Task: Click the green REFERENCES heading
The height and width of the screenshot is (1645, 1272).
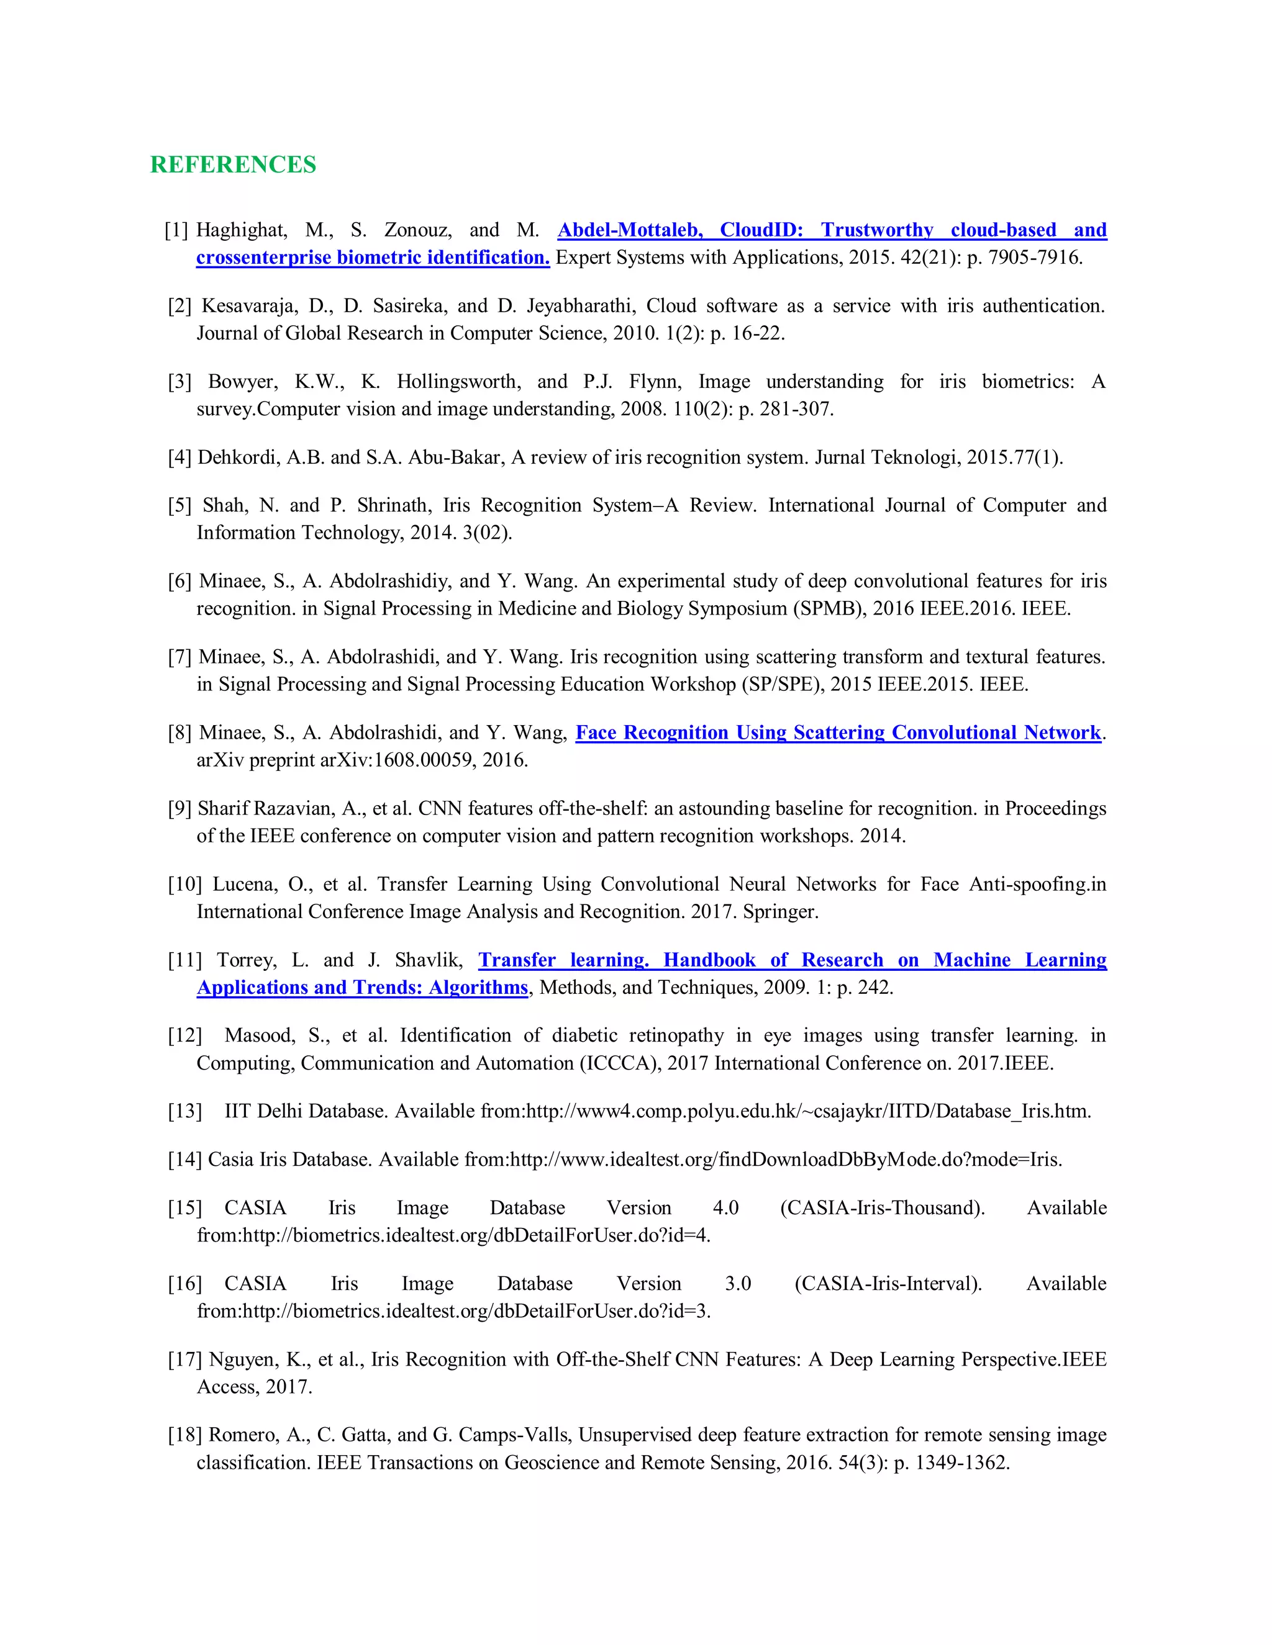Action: (x=233, y=164)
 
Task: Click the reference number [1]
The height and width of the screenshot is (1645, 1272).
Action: (x=176, y=230)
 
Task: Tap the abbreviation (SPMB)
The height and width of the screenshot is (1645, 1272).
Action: (x=828, y=608)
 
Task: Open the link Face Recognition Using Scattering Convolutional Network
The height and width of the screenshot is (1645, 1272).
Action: (x=838, y=733)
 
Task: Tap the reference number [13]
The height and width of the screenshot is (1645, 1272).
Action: (x=184, y=1111)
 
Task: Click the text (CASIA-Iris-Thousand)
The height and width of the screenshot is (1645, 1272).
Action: (x=883, y=1208)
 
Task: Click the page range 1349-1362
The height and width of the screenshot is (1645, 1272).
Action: (x=959, y=1462)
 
